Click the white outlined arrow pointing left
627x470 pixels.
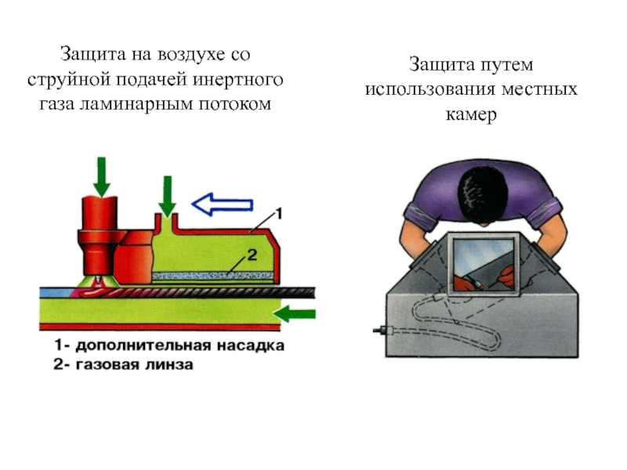[x=223, y=205]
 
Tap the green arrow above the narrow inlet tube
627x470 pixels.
[x=166, y=192]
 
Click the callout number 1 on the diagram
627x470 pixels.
[x=280, y=212]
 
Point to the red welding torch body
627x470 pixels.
[x=100, y=215]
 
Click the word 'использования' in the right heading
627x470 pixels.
[x=425, y=89]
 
